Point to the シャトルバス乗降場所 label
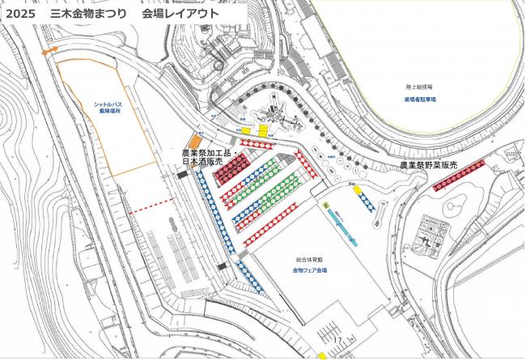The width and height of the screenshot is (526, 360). [108, 108]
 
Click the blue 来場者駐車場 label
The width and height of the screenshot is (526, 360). [419, 99]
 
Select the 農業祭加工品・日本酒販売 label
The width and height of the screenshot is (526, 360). [206, 157]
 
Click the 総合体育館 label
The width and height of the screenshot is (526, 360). [307, 260]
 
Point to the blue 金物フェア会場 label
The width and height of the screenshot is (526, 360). [308, 269]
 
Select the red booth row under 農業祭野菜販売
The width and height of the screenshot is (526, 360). [459, 175]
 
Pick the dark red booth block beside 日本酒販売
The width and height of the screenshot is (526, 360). [235, 167]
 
